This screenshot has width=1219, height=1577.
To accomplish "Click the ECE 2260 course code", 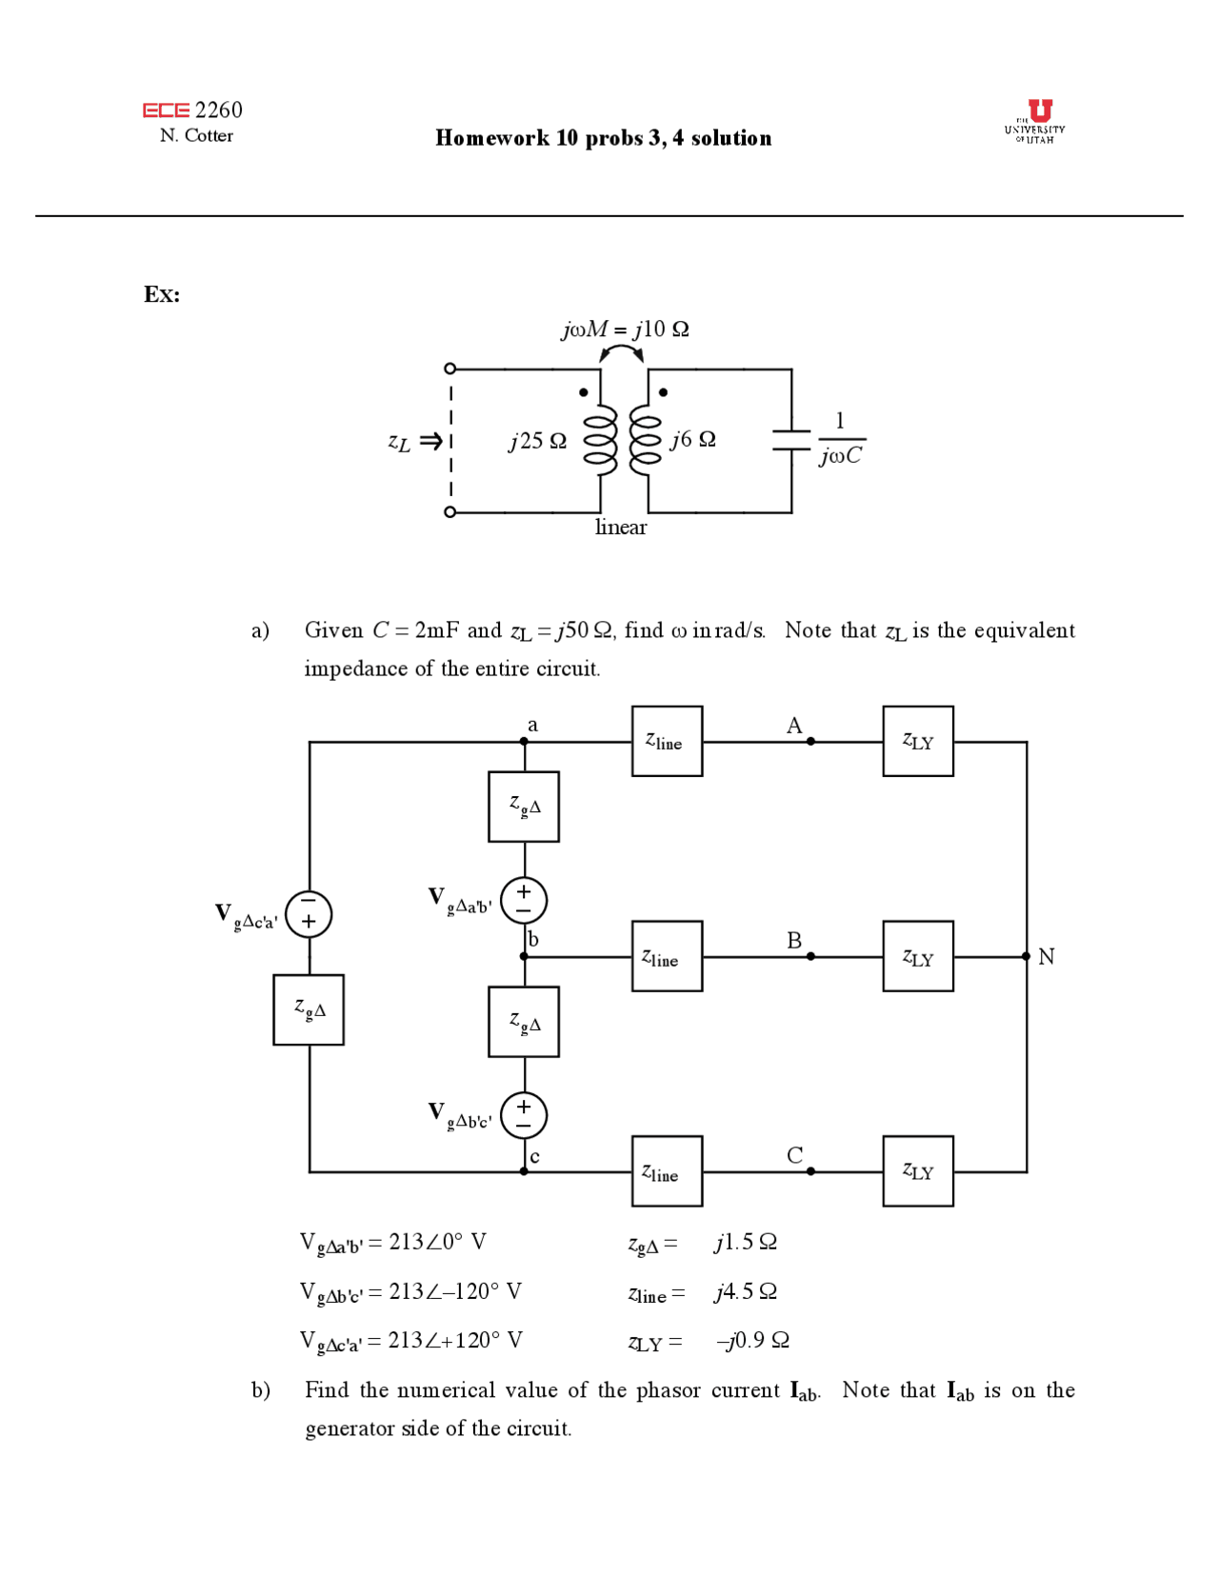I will [x=193, y=110].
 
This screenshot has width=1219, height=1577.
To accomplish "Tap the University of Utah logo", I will [x=1035, y=121].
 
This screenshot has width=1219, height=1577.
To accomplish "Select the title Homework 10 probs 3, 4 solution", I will [x=603, y=138].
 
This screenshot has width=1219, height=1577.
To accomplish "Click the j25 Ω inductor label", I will [x=538, y=441].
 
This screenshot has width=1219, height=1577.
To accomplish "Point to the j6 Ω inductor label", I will [x=692, y=439].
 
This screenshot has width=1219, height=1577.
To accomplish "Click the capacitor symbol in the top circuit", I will [x=790, y=439].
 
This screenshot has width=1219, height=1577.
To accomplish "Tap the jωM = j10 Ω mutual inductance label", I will [x=625, y=329].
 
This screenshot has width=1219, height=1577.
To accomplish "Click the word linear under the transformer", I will [x=621, y=528].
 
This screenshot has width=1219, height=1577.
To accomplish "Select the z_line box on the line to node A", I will [x=667, y=741].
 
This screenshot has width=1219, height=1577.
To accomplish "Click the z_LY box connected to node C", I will [x=917, y=1170].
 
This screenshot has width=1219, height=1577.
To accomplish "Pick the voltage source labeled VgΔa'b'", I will [x=524, y=900].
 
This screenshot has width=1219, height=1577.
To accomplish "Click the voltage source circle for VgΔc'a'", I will [x=309, y=914].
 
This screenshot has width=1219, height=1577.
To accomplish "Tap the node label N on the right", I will [x=1046, y=956].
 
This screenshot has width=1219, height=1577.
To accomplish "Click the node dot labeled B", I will [x=810, y=956].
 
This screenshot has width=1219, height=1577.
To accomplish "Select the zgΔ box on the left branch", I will [x=309, y=1009].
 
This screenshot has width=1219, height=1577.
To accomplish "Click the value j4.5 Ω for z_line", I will [x=746, y=1291].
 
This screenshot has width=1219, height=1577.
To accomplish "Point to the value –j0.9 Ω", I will [x=752, y=1341].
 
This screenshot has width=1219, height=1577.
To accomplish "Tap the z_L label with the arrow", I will [x=413, y=442].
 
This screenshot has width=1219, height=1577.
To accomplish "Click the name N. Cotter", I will [x=196, y=136].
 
